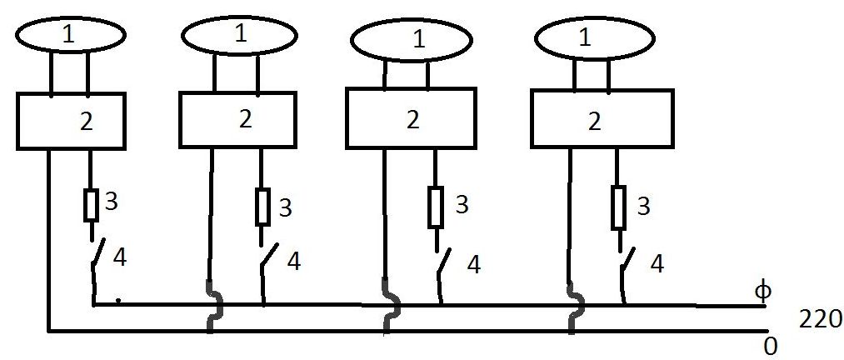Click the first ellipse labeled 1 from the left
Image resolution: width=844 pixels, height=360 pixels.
point(71,34)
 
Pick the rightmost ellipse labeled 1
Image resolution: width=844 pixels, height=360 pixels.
point(589,38)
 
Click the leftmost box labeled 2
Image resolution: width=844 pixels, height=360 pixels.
point(71,122)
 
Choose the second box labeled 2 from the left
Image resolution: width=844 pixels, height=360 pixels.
point(237,119)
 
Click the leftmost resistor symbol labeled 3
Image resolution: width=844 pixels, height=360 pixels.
point(91,205)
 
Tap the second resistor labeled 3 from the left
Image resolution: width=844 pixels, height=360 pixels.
point(262,207)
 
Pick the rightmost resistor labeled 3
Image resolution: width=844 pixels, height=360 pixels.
point(618,207)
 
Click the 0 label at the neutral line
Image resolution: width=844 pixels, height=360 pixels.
point(772,346)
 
